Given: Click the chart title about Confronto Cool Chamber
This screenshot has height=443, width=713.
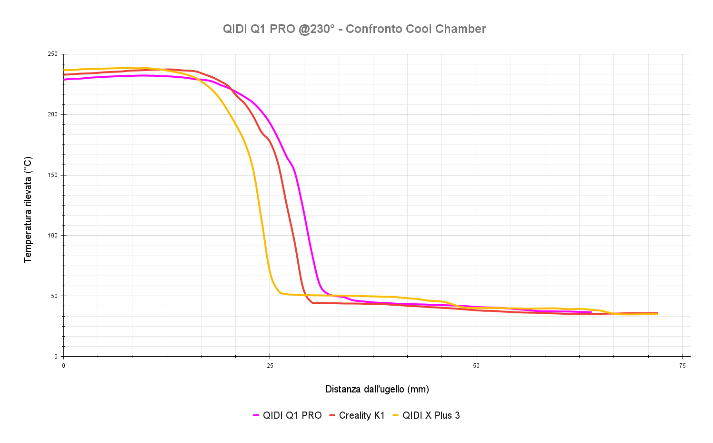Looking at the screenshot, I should pyautogui.click(x=354, y=29).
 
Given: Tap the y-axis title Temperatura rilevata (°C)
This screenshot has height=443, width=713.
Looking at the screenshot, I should pyautogui.click(x=28, y=209).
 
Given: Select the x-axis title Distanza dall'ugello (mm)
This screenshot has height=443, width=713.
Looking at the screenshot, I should pyautogui.click(x=377, y=389).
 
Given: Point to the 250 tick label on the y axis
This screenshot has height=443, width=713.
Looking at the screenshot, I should pyautogui.click(x=52, y=54).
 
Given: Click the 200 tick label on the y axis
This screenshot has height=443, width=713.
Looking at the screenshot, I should pyautogui.click(x=52, y=114).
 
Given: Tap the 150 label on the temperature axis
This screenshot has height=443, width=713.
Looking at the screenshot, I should pyautogui.click(x=52, y=175).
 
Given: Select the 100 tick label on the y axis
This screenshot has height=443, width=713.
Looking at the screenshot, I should pyautogui.click(x=52, y=236).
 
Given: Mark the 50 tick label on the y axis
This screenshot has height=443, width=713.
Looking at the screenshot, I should pyautogui.click(x=54, y=296).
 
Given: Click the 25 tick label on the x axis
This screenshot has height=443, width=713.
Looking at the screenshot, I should pyautogui.click(x=270, y=366).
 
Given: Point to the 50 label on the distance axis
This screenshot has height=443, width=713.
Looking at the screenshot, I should pyautogui.click(x=476, y=366).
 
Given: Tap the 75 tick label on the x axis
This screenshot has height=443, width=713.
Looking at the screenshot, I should pyautogui.click(x=683, y=366).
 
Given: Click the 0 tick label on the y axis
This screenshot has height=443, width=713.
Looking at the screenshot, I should pyautogui.click(x=56, y=357).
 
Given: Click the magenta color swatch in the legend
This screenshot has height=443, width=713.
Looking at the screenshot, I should pyautogui.click(x=256, y=415).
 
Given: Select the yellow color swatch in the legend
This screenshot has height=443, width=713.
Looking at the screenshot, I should pyautogui.click(x=395, y=415).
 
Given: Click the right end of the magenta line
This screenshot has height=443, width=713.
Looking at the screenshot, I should pyautogui.click(x=591, y=312).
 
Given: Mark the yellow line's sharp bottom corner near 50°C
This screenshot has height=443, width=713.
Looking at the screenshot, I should pyautogui.click(x=281, y=293).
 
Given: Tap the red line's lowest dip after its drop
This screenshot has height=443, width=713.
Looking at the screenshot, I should pyautogui.click(x=313, y=303).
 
